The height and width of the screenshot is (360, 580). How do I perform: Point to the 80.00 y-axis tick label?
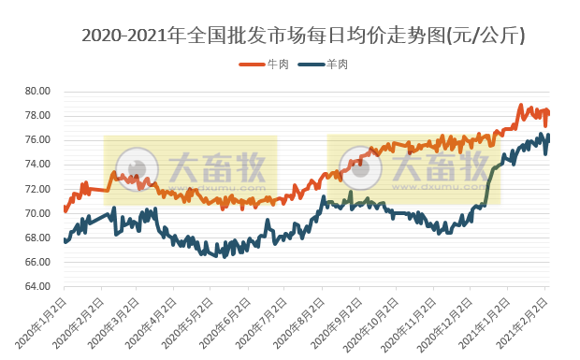(x=37, y=92)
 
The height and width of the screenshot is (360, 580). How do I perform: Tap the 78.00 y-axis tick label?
(x=37, y=116)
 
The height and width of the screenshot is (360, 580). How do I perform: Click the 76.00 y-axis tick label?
(x=37, y=140)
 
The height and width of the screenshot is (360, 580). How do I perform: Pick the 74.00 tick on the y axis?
(x=37, y=165)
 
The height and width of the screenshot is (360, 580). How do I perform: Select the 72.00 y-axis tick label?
(x=37, y=189)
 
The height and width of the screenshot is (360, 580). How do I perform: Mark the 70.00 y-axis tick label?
(x=37, y=213)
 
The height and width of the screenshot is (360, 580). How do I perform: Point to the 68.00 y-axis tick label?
(x=37, y=238)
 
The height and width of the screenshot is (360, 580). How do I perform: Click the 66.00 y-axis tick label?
(x=37, y=262)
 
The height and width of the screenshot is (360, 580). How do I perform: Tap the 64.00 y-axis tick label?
(x=37, y=286)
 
